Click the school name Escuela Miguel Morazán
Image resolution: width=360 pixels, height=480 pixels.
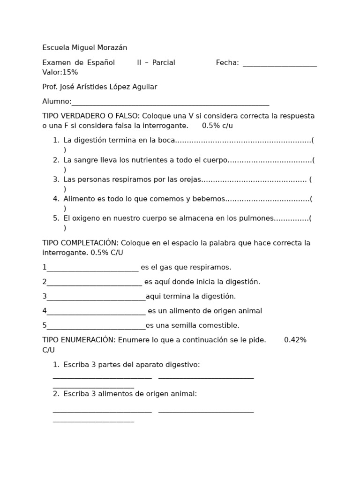(x=84, y=48)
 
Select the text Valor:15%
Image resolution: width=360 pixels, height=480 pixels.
(x=60, y=72)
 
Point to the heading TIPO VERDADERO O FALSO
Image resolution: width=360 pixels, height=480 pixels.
(x=90, y=116)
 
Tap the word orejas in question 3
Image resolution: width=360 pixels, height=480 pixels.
(x=189, y=180)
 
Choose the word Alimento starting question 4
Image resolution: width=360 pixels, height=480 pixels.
(x=79, y=199)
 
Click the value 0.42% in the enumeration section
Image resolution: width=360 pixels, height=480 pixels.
(x=295, y=340)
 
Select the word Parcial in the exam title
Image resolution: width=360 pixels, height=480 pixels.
(x=164, y=63)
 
